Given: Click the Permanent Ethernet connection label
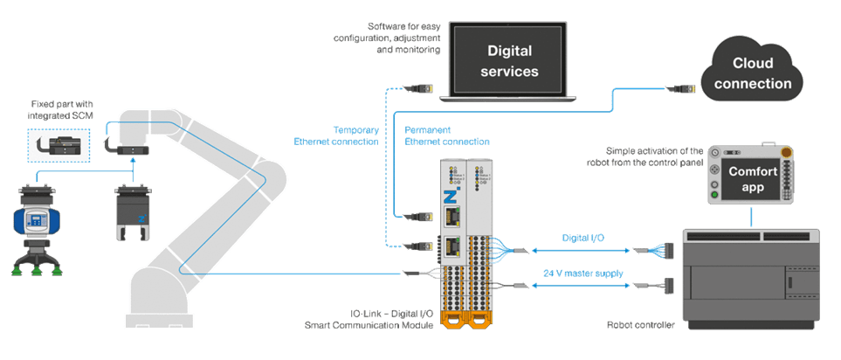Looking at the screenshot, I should tap(445, 135).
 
